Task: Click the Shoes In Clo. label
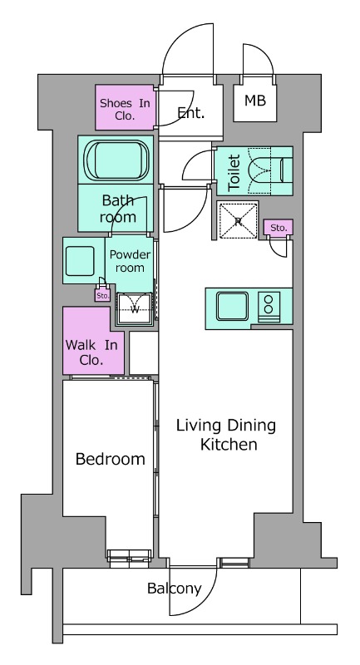tap(125, 110)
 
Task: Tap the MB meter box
tap(255, 101)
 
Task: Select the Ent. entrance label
tap(191, 113)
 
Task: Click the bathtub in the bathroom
tap(117, 160)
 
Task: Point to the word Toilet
tap(234, 172)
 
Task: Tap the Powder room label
tap(130, 261)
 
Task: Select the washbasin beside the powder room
tap(80, 261)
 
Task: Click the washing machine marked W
tap(135, 308)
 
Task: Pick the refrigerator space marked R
tap(238, 220)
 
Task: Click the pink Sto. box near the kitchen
tap(279, 227)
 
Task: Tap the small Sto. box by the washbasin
tap(102, 295)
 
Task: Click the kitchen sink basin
tap(232, 306)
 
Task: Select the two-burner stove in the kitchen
tap(269, 307)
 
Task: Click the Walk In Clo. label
tap(91, 352)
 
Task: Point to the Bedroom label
tap(111, 459)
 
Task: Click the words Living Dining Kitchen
tap(226, 434)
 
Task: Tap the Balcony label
tap(174, 589)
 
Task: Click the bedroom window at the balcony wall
tap(130, 559)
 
